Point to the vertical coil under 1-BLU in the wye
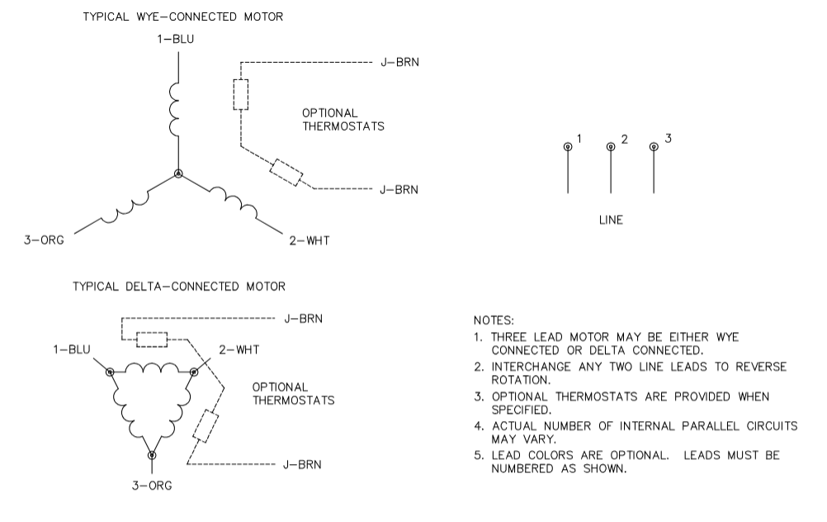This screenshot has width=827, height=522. (x=175, y=109)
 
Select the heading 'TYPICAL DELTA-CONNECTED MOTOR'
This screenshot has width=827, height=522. (x=179, y=287)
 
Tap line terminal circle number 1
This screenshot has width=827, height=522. (x=568, y=147)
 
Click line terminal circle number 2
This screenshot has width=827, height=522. (x=611, y=147)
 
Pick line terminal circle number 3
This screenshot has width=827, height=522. (x=654, y=147)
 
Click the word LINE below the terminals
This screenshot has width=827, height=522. (x=611, y=221)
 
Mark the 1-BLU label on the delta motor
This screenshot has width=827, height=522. (x=73, y=349)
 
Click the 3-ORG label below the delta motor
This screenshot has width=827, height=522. (x=153, y=486)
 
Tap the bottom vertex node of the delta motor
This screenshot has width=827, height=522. (x=152, y=454)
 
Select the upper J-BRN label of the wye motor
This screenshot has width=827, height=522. (x=399, y=62)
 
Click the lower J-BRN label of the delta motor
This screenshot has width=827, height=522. (x=302, y=464)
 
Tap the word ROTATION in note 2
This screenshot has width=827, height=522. (x=521, y=381)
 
